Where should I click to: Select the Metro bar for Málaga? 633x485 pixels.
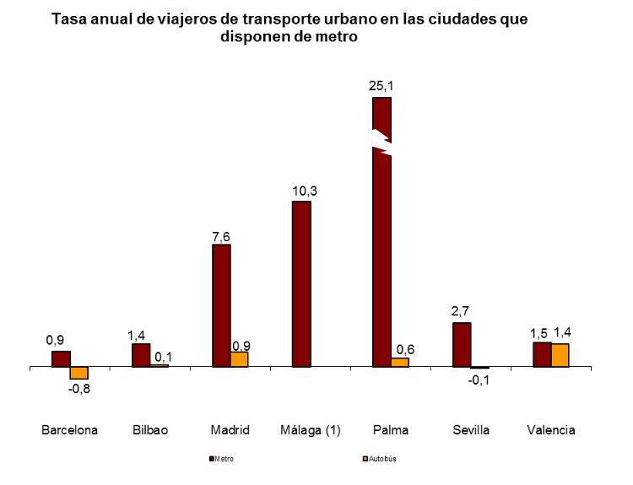[x=301, y=284]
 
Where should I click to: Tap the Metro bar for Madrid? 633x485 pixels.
[x=221, y=305]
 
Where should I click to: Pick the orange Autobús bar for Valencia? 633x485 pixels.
[x=560, y=355]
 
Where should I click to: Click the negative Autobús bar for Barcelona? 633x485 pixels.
[x=79, y=373]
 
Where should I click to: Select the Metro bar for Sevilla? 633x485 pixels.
[x=462, y=345]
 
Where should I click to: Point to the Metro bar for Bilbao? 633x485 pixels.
[x=141, y=355]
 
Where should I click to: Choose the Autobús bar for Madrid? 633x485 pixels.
[x=240, y=359]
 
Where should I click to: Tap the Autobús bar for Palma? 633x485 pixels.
[x=399, y=362]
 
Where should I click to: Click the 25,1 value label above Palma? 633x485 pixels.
[x=382, y=85]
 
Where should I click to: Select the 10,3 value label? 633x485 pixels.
[x=302, y=190]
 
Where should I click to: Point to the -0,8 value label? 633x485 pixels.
[x=79, y=389]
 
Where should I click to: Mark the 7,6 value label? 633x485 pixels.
[x=221, y=236]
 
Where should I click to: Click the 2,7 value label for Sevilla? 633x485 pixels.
[x=461, y=311]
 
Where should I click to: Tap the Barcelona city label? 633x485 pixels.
[x=70, y=430]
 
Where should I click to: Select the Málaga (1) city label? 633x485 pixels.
[x=310, y=430]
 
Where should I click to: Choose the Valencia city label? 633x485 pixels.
[x=550, y=430]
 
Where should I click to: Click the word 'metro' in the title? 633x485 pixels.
[x=337, y=37]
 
